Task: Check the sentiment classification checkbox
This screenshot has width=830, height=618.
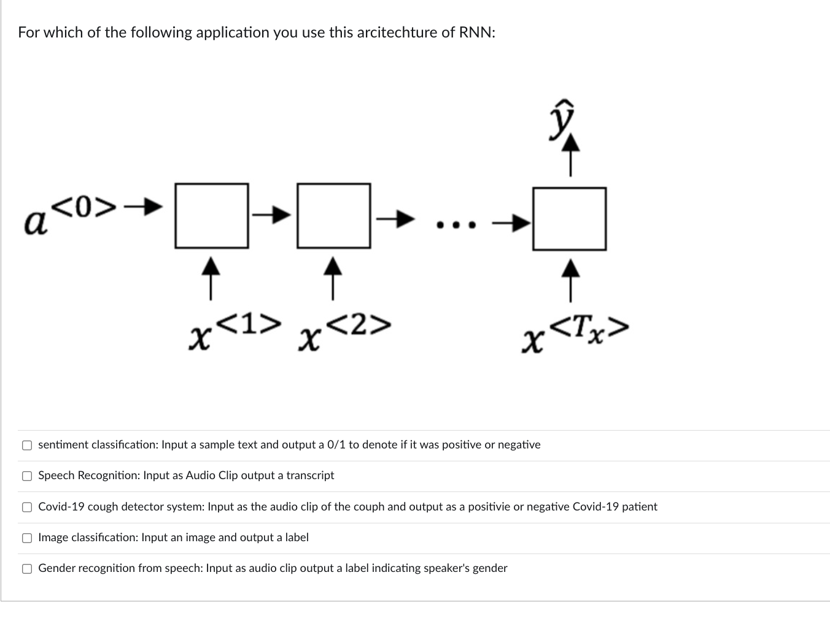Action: click(27, 445)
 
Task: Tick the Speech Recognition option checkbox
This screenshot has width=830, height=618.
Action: click(27, 476)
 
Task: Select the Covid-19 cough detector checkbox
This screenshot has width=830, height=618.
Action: click(27, 507)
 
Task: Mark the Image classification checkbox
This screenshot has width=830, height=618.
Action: click(27, 538)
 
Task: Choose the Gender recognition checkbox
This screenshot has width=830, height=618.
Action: click(27, 569)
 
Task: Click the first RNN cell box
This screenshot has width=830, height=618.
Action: click(212, 216)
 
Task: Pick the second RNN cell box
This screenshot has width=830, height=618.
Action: click(334, 216)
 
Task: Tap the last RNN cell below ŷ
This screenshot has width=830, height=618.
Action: click(569, 219)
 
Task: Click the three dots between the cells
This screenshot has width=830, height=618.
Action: click(455, 225)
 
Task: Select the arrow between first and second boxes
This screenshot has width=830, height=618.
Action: click(273, 214)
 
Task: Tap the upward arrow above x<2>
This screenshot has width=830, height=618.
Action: click(333, 278)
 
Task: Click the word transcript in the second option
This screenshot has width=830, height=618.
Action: click(310, 475)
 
